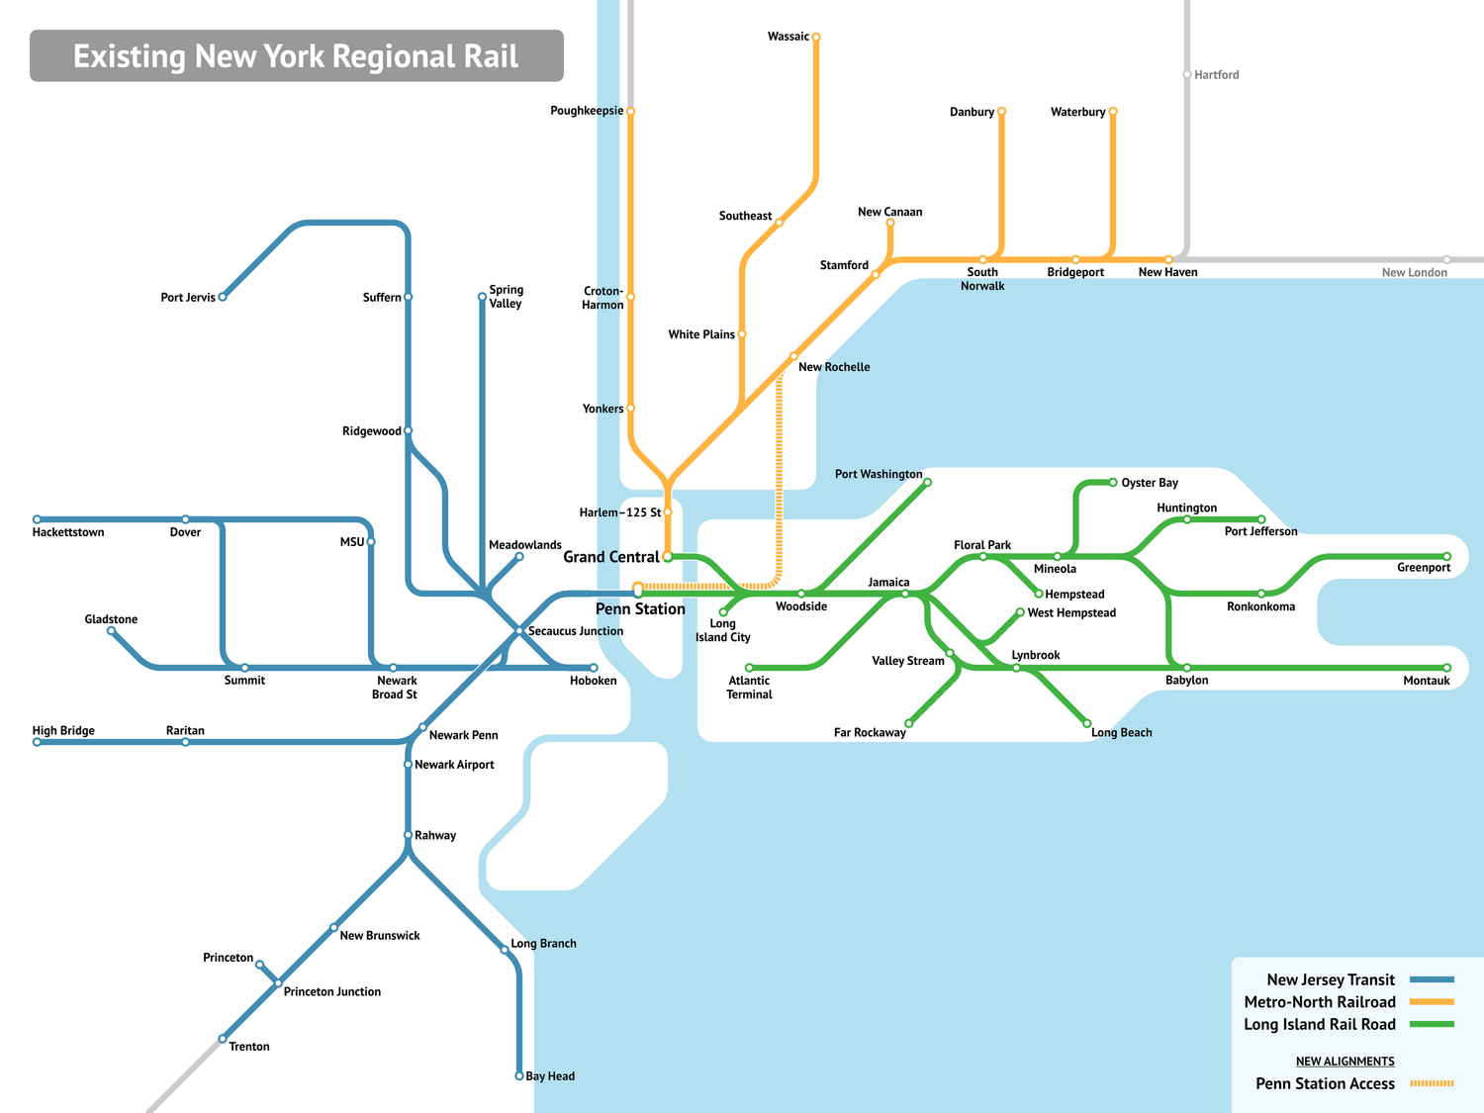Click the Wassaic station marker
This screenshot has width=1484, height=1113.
816,37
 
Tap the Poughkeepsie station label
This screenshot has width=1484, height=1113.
587,111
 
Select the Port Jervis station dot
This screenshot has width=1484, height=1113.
223,297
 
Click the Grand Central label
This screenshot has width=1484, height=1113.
610,557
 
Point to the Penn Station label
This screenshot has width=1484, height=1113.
640,609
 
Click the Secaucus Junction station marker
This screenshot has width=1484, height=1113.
519,630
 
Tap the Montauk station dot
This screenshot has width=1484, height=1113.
1446,668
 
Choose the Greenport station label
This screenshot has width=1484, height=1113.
1424,568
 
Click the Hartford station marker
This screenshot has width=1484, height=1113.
1187,74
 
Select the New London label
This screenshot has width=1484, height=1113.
1414,273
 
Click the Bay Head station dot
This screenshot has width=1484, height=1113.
519,1075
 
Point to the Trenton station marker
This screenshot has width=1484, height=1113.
223,1039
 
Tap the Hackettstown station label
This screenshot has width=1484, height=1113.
68,532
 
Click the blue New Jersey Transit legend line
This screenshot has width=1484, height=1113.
1432,979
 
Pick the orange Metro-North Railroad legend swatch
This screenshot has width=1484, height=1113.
1432,1002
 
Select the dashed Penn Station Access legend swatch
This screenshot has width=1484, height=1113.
1432,1083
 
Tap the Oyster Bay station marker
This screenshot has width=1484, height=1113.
1113,483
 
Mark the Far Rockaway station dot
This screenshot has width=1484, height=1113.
909,723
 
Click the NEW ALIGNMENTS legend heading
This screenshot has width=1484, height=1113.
1345,1062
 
